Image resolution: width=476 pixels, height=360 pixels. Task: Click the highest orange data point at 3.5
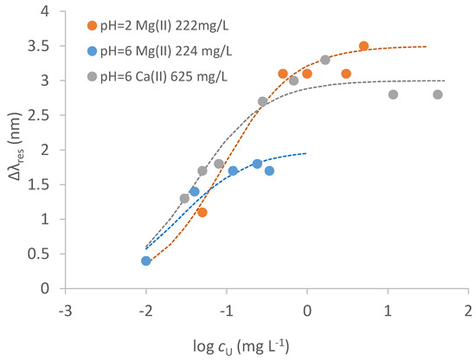point(363,46)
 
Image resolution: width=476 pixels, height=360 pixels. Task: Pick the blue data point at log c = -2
point(146,260)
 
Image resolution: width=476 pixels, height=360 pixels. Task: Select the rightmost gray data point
point(438,94)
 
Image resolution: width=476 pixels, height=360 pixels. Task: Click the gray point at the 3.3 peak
point(325,60)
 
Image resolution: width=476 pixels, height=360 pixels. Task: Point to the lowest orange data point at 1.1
point(203,212)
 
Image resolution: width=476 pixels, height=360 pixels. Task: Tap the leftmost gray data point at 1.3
point(184,198)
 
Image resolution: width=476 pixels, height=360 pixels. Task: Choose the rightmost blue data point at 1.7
point(270,170)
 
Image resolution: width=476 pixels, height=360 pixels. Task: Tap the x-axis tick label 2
point(468,311)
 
